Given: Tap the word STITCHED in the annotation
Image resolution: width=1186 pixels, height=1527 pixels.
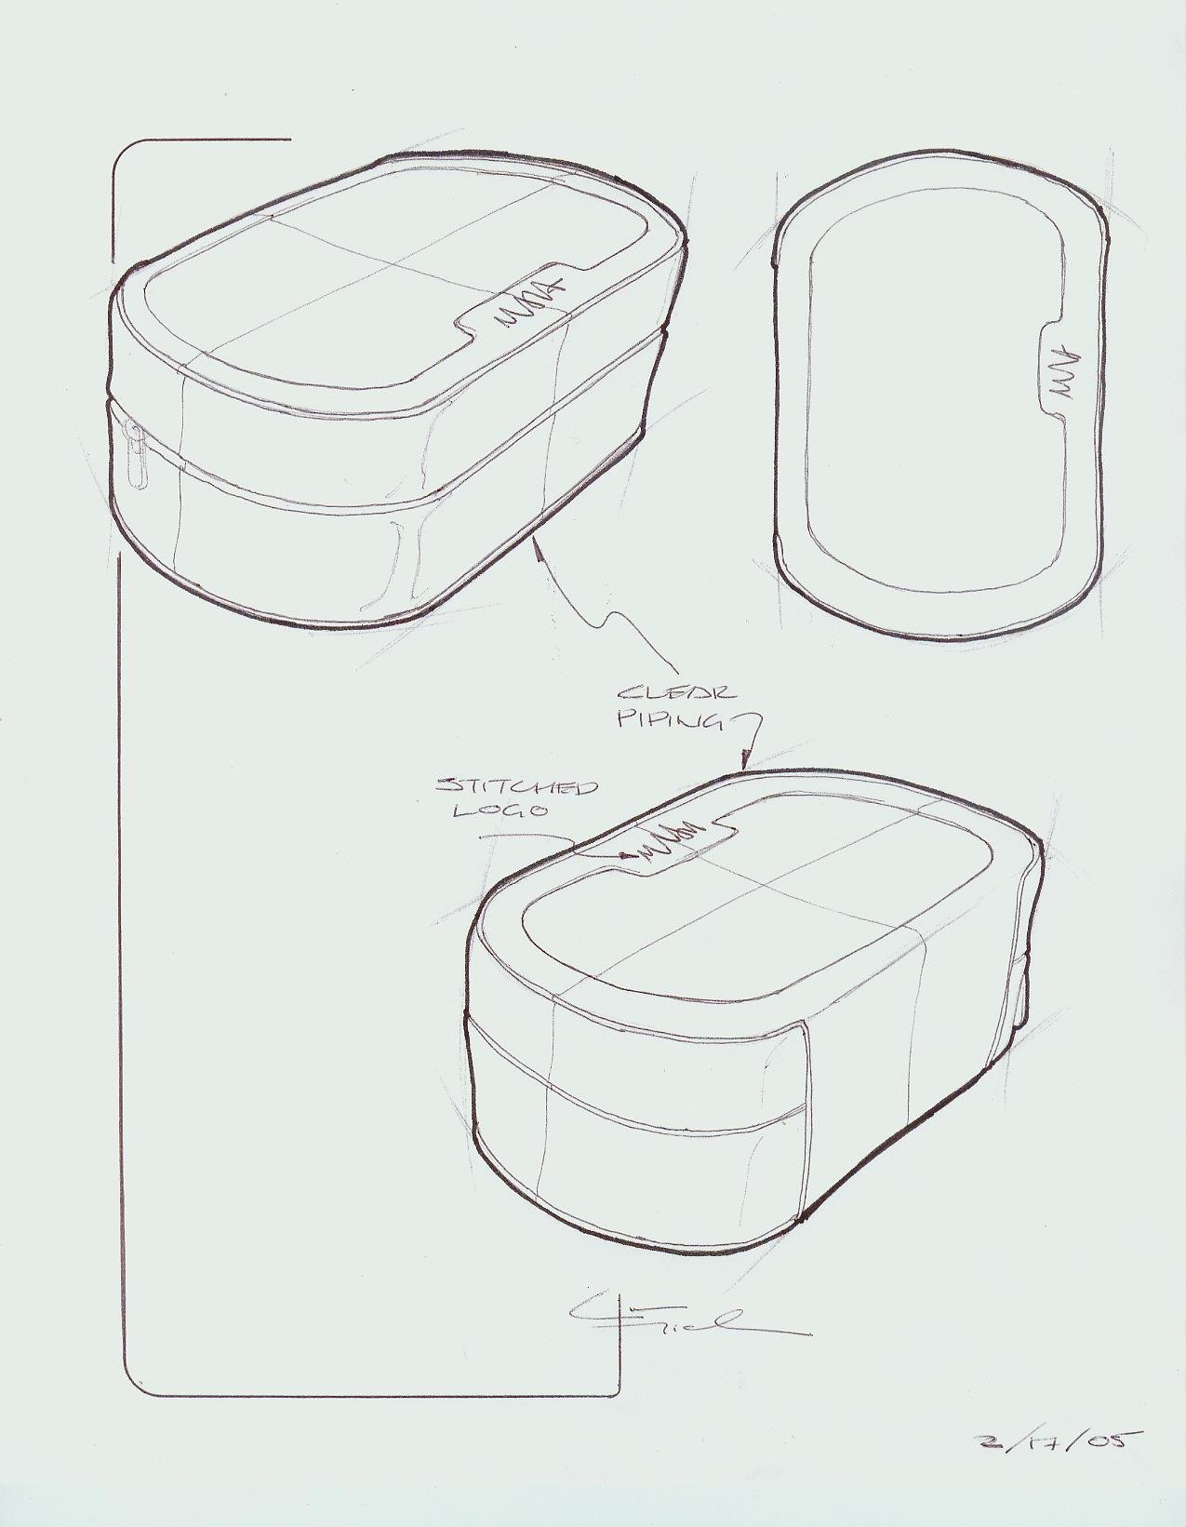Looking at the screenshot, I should (516, 787).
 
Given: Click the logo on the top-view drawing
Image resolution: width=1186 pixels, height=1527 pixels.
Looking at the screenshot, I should (1061, 373).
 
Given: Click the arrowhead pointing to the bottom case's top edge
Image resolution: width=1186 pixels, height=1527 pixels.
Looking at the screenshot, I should (745, 762).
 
